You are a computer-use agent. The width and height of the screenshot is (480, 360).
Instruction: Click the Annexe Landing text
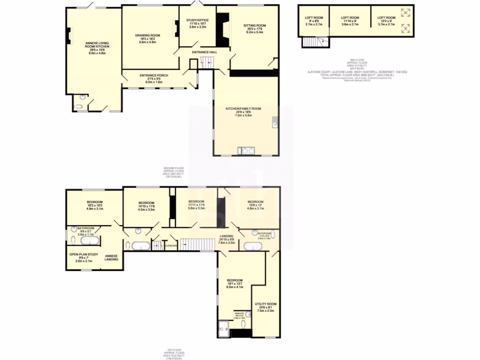111,257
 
